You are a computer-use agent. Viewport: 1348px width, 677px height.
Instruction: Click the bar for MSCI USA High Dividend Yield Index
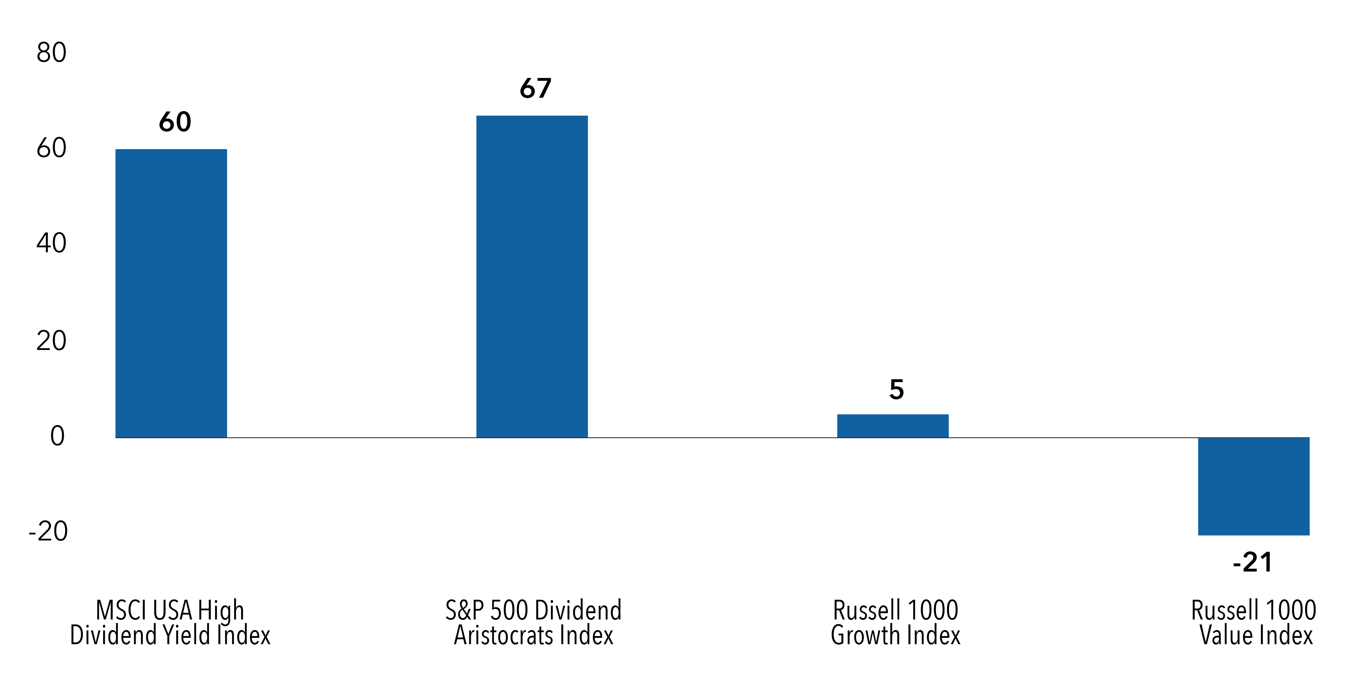click(x=171, y=293)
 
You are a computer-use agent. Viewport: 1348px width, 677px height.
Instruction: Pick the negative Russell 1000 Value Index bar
click(x=1253, y=486)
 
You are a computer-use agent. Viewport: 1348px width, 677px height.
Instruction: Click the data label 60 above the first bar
click(x=175, y=122)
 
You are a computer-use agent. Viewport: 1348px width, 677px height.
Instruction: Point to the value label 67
click(x=535, y=88)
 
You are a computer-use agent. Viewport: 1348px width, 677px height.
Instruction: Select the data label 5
click(x=896, y=389)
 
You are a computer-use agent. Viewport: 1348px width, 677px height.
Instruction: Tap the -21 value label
click(x=1252, y=562)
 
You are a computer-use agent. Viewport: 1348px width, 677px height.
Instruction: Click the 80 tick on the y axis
click(x=51, y=53)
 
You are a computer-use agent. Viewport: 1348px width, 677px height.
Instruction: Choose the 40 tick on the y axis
click(x=51, y=244)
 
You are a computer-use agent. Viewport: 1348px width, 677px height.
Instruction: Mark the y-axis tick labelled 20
click(x=51, y=341)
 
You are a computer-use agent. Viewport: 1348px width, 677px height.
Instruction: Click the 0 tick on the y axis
click(x=57, y=436)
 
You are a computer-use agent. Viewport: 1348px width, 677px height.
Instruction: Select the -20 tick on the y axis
click(x=48, y=532)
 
